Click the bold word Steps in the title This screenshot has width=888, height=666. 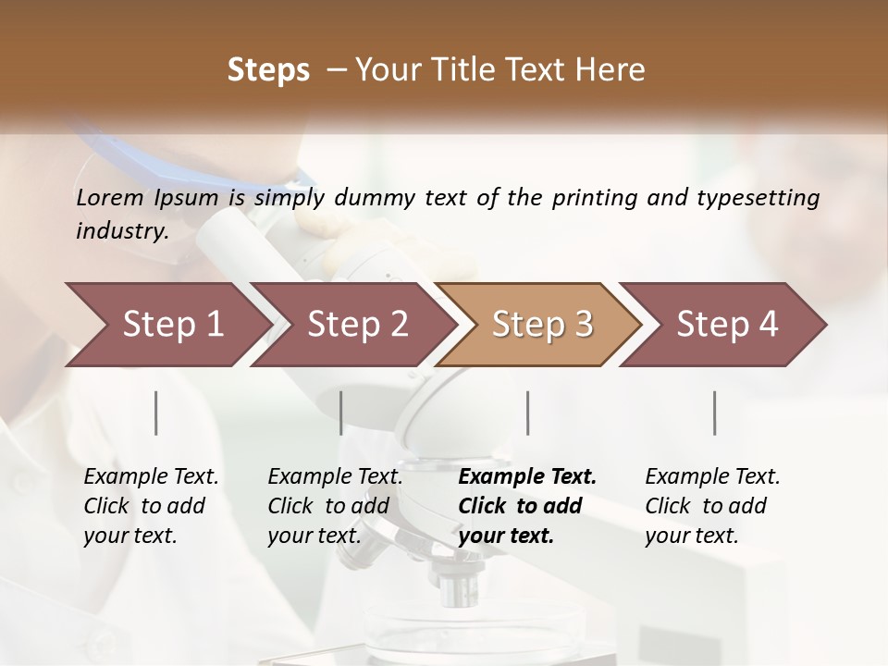(268, 70)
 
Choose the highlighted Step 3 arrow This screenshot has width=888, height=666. (542, 325)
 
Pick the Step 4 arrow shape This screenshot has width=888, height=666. (727, 325)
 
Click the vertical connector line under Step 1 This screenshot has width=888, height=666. (156, 413)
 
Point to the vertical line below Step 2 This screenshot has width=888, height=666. (341, 413)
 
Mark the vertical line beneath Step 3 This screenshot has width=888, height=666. (527, 413)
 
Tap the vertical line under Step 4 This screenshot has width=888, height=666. (714, 413)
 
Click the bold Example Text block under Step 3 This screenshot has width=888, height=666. (527, 506)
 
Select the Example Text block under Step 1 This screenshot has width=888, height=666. (151, 506)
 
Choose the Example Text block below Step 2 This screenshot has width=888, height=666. (335, 506)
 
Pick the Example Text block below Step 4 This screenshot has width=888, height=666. (712, 506)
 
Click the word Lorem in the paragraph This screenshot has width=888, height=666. (110, 197)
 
